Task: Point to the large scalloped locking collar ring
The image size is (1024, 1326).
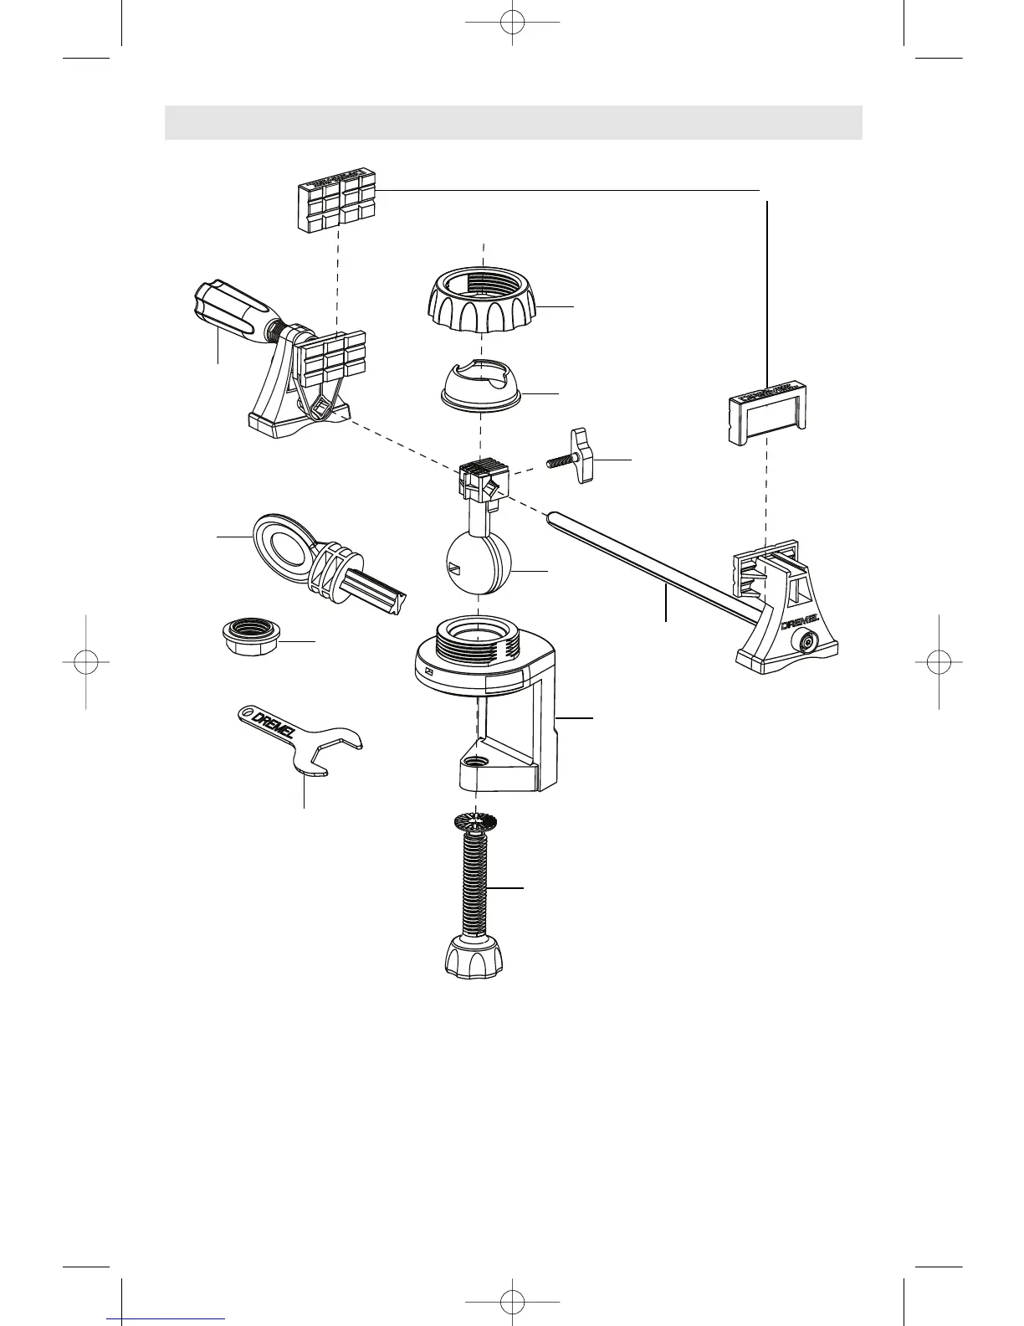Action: [485, 305]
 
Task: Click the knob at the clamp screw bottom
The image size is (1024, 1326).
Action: [474, 959]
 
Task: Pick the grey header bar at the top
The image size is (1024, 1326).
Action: [513, 122]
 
